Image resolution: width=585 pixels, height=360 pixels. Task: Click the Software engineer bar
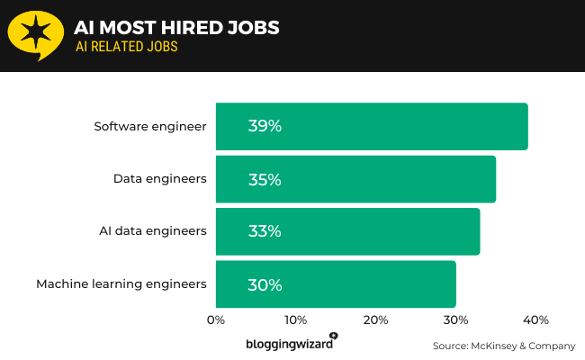coord(372,126)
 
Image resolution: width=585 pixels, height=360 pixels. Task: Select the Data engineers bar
coord(355,179)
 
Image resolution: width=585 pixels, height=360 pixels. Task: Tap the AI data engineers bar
coord(347,231)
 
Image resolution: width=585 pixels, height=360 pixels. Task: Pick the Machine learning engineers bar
coord(336,284)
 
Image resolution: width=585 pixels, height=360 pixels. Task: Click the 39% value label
coord(265,127)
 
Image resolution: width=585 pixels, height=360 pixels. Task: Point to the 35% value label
coord(265,179)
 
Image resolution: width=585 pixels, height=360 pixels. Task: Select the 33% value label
coord(265,231)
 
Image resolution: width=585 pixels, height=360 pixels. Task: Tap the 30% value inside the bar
coord(265,284)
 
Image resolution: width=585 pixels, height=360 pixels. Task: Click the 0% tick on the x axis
coord(216,320)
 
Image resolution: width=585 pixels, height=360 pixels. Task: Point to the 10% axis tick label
coord(295,320)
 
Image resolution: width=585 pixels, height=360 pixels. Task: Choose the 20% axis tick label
coord(375,320)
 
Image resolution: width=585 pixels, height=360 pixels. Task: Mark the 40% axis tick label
coord(535,320)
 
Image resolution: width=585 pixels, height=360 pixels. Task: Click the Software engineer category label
coord(150,126)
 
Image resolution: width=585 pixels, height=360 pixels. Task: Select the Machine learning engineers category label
coord(121,284)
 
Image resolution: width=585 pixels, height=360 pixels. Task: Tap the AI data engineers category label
coord(153,231)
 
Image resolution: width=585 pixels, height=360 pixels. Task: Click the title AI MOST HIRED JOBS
coord(177,28)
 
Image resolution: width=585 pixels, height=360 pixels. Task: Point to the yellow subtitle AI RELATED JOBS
coord(127,48)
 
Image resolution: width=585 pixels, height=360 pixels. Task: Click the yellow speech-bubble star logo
coord(35,35)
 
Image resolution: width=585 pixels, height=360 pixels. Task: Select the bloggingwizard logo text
coord(290,343)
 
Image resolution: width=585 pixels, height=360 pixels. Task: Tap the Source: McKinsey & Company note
coord(503,346)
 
